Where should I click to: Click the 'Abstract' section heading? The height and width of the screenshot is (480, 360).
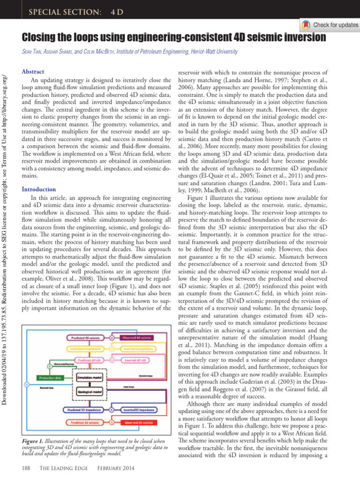click(x=33, y=72)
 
